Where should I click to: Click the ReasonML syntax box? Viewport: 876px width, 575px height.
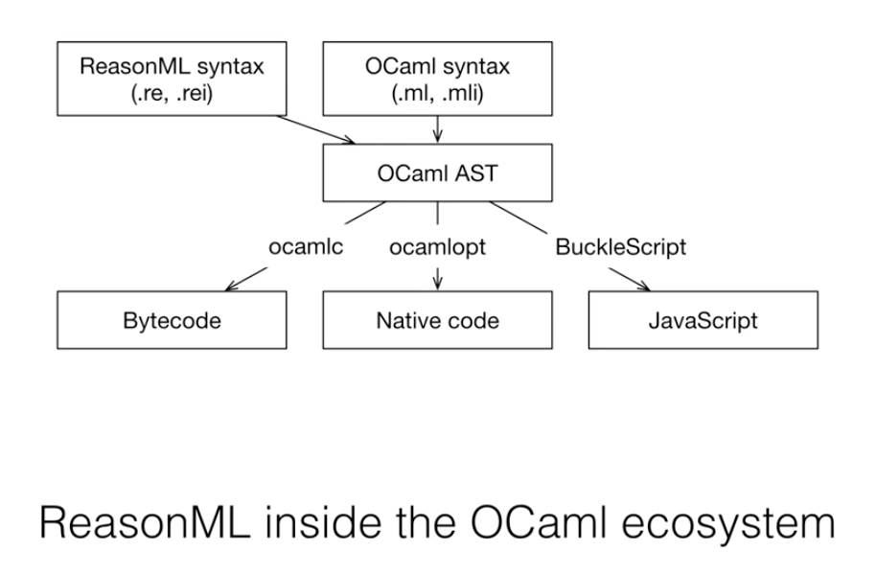pyautogui.click(x=172, y=79)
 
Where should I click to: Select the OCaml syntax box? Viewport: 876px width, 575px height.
pyautogui.click(x=437, y=79)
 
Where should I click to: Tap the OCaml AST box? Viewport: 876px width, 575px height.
pyautogui.click(x=437, y=172)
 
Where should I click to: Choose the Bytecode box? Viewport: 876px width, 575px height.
pyautogui.click(x=172, y=320)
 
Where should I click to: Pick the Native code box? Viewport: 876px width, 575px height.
pyautogui.click(x=437, y=320)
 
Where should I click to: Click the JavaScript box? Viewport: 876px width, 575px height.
pyautogui.click(x=703, y=320)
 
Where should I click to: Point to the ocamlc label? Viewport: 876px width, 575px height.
pyautogui.click(x=306, y=246)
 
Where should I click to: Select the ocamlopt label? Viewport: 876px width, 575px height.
pyautogui.click(x=437, y=247)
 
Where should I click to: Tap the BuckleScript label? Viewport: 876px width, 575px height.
pyautogui.click(x=621, y=247)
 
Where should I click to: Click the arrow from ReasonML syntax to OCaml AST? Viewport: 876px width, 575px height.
pyautogui.click(x=315, y=129)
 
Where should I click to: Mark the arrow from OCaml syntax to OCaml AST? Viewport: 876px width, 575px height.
pyautogui.click(x=437, y=129)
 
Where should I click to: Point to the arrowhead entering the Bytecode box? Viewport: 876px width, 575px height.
pyautogui.click(x=230, y=287)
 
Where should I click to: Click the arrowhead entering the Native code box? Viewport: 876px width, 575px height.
pyautogui.click(x=437, y=284)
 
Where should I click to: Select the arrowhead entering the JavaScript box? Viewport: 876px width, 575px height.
pyautogui.click(x=644, y=287)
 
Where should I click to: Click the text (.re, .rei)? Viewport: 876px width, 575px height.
pyautogui.click(x=172, y=93)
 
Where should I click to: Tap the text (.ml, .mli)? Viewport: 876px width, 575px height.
pyautogui.click(x=437, y=93)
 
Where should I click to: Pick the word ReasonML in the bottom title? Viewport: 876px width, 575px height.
pyautogui.click(x=146, y=522)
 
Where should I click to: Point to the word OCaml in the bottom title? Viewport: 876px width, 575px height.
pyautogui.click(x=539, y=522)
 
